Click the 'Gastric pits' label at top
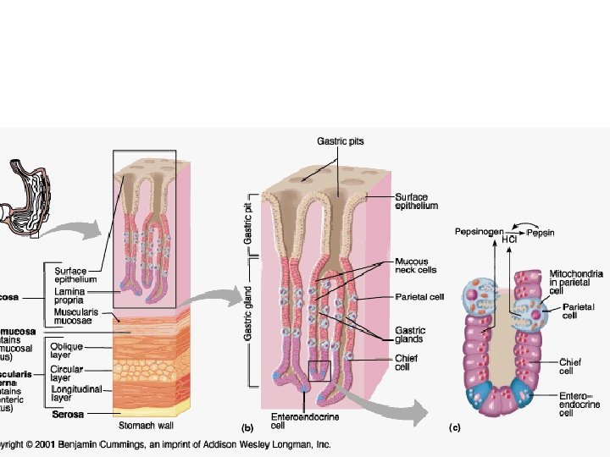coord(340,141)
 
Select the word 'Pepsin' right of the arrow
coord(542,230)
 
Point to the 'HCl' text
coord(509,240)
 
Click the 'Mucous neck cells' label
coord(412,267)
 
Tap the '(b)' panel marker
coord(248,429)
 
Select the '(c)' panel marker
coord(455,429)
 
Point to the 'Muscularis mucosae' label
coord(76,317)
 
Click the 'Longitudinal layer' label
coord(76,394)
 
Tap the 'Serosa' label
coord(67,415)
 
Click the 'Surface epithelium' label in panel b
coord(416,201)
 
